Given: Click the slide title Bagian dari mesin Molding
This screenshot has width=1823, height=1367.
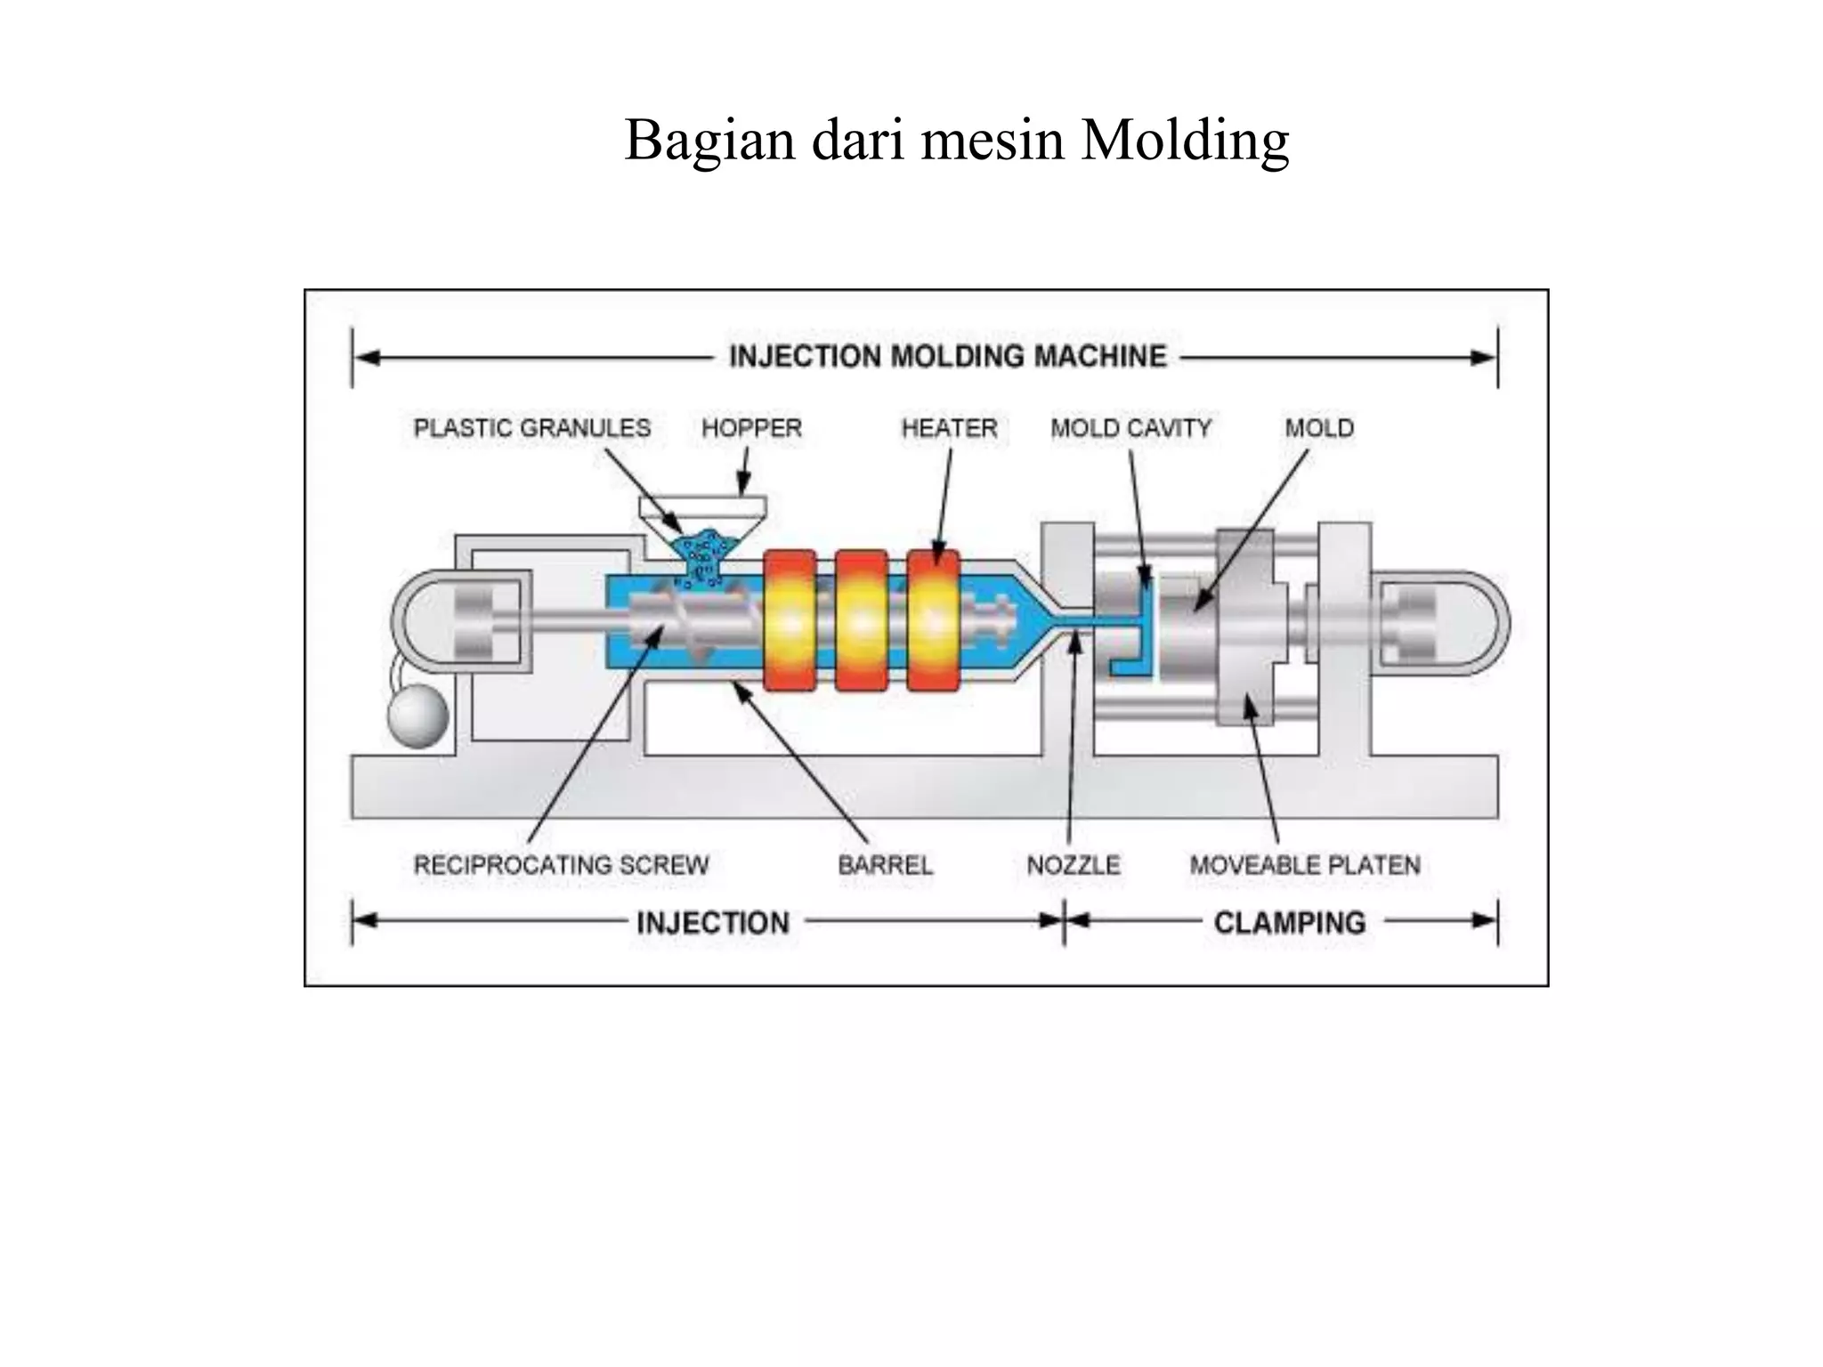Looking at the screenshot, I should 957,140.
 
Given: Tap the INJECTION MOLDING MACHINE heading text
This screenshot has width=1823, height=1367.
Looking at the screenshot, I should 948,357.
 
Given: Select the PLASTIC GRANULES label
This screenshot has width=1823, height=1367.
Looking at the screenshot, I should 532,428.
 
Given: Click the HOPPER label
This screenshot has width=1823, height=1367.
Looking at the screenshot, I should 751,428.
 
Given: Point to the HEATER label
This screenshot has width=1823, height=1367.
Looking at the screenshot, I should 949,428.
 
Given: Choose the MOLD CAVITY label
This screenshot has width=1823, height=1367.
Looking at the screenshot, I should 1131,428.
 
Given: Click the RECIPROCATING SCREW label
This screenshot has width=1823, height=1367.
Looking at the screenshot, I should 562,865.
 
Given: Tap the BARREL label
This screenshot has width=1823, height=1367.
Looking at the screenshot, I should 886,865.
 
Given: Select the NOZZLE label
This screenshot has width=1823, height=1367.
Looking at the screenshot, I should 1074,865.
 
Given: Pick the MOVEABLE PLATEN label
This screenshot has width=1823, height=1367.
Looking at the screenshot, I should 1305,865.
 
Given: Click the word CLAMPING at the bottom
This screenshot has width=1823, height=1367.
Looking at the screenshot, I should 1290,923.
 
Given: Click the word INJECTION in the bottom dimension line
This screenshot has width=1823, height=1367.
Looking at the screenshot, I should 713,923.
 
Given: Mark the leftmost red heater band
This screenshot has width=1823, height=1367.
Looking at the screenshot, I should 790,620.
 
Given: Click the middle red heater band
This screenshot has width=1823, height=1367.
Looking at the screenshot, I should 861,620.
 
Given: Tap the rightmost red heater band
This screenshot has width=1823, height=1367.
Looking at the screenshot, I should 933,620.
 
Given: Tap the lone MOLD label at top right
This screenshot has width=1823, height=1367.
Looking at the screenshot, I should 1319,428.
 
